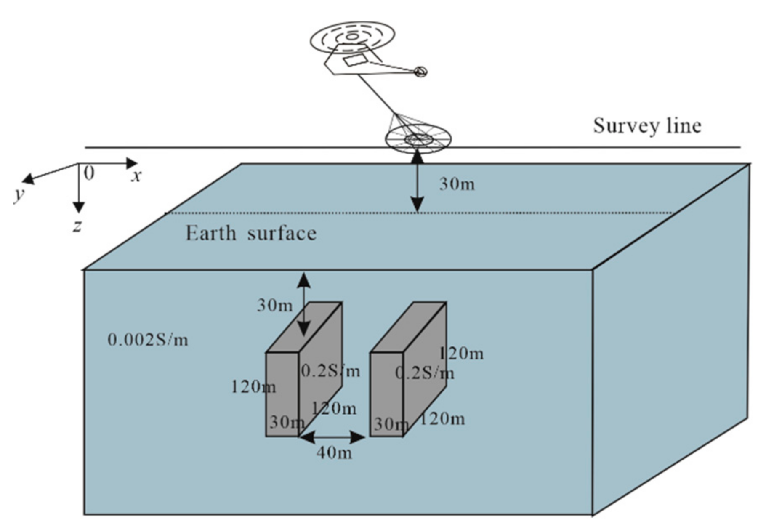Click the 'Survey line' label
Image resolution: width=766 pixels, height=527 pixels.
647,125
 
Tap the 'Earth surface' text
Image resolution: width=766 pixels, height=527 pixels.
251,233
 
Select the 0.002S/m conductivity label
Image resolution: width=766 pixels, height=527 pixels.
148,339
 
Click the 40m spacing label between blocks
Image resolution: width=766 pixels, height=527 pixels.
334,452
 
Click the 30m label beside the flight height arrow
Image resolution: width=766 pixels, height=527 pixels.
457,184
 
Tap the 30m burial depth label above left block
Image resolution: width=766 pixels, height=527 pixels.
274,305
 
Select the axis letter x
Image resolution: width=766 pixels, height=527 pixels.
136,176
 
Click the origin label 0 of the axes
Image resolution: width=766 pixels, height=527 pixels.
89,173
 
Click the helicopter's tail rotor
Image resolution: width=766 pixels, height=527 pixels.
420,72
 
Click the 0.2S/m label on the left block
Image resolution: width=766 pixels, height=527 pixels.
330,371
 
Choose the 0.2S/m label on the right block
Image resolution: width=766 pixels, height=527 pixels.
425,373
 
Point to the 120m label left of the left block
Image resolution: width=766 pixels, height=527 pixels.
253,387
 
